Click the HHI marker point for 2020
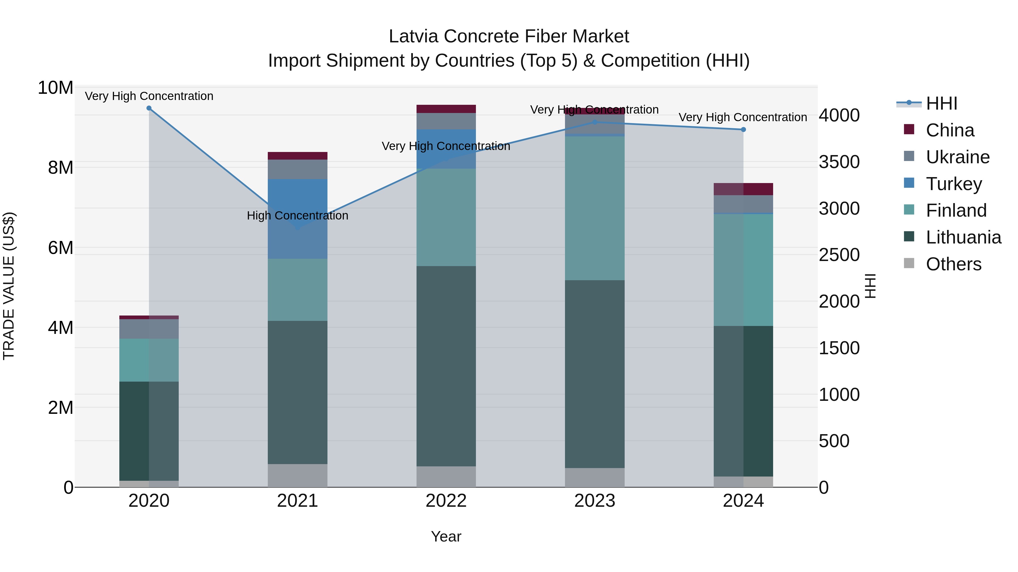coord(149,108)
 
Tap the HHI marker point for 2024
coord(743,129)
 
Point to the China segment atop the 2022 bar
coord(446,109)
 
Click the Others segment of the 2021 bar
coord(297,475)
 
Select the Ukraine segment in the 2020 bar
coord(149,329)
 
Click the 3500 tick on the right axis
coord(839,162)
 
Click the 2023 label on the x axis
coord(595,501)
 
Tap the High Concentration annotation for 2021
coord(297,216)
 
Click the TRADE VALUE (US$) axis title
coord(9,286)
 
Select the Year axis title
coord(446,536)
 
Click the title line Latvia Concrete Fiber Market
coord(509,36)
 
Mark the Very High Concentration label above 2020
coord(149,96)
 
